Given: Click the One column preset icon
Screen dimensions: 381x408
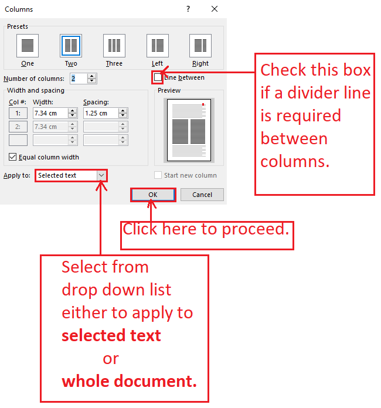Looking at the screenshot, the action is (28, 46).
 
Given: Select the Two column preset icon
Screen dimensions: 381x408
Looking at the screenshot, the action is (71, 46).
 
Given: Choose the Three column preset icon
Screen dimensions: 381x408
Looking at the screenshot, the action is (114, 46).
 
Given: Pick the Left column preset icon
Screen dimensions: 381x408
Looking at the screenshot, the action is (158, 46).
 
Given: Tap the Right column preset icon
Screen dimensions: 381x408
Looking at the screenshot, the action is (200, 46).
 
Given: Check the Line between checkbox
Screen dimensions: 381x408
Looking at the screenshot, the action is (158, 77).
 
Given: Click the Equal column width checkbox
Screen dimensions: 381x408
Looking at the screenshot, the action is (12, 157).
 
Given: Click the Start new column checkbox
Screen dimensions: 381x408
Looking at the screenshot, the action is (158, 175).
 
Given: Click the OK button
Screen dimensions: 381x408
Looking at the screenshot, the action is (153, 195).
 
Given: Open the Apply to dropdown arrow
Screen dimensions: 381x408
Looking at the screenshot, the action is (101, 175).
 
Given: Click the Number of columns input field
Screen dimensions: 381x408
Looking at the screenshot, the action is (79, 79).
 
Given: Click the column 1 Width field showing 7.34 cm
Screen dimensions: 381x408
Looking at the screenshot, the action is (50, 113).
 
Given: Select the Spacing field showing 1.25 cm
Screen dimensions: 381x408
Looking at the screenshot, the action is (101, 113).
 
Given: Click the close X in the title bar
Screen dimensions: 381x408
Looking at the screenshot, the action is (215, 9).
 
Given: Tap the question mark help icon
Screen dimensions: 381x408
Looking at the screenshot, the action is (188, 9).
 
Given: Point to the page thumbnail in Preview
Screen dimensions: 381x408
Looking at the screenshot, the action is (189, 130).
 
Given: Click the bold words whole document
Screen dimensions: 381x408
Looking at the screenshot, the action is (130, 381).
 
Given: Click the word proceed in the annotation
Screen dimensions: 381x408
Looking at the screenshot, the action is (256, 230).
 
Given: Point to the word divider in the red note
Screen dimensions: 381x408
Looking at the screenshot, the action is (313, 93).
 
